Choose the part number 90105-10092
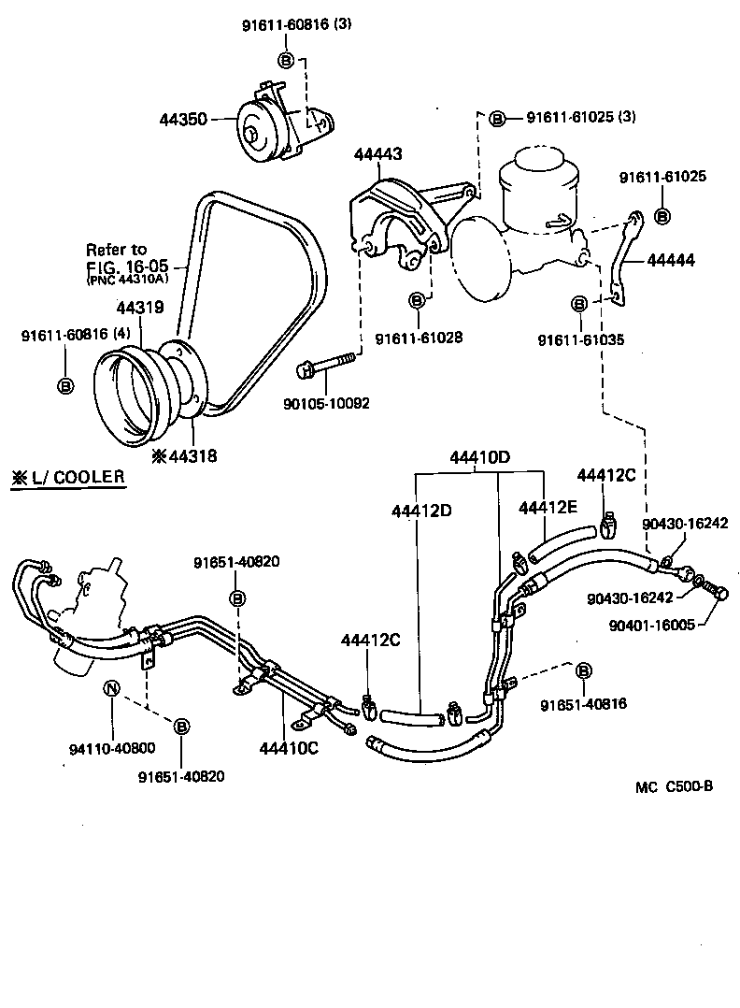[327, 404]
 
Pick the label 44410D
[479, 458]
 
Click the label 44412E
[548, 507]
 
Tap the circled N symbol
[111, 690]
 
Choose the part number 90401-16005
[649, 626]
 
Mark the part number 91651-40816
[583, 704]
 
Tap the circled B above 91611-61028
[417, 301]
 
